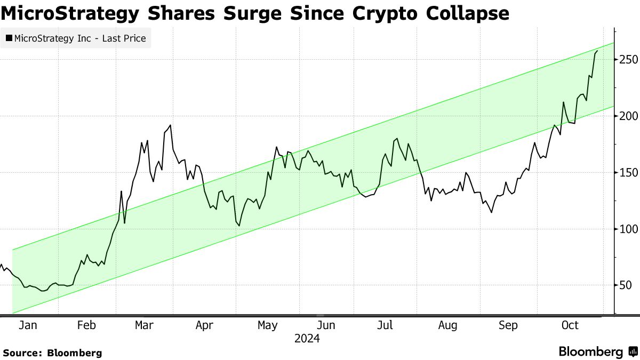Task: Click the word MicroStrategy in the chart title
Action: (67, 13)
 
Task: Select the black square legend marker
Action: (9, 38)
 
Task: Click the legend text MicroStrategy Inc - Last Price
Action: (79, 38)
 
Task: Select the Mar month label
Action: (145, 325)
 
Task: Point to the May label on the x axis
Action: (267, 325)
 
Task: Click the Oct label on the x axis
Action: (570, 325)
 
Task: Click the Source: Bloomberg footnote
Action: (52, 353)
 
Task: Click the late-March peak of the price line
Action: (170, 125)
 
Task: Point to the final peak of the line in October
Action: (597, 51)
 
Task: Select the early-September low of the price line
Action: (491, 212)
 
